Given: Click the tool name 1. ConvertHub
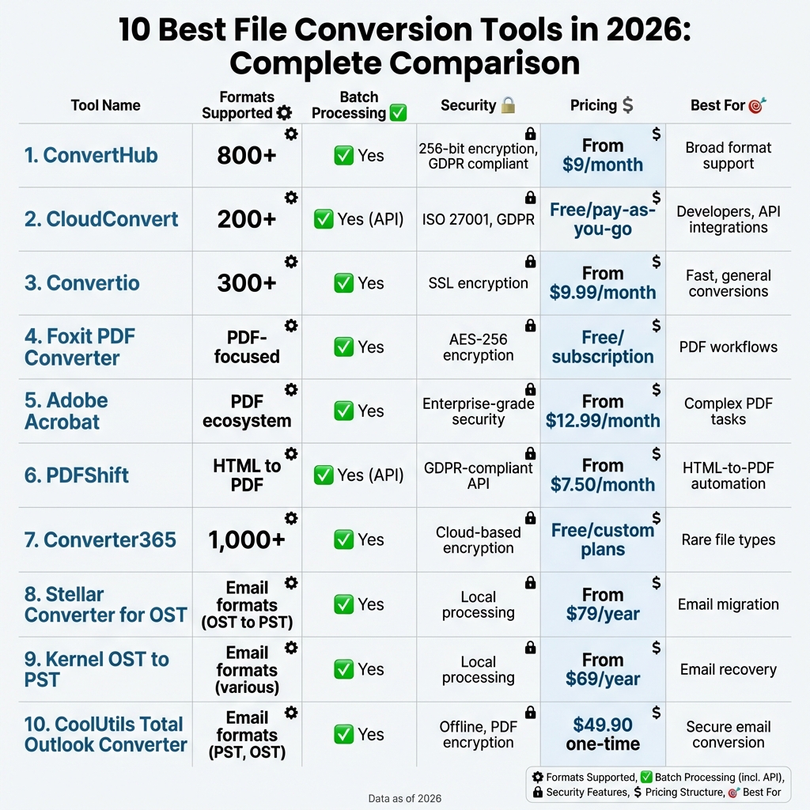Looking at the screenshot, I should coord(91,155).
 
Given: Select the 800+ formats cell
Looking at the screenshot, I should coord(247,156).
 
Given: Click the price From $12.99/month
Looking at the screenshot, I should coord(603,411).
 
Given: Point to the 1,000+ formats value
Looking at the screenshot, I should coord(247,540).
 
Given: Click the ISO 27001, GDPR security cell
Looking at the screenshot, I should coord(478,219).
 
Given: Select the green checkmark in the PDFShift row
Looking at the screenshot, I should coord(324,475).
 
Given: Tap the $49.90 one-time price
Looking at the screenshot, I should coord(603,734).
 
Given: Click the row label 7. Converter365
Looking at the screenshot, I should coord(100,540).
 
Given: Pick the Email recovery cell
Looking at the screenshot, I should coord(728,669).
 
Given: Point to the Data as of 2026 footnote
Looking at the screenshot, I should coord(405,799).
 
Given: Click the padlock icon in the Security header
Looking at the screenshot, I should coord(508,104).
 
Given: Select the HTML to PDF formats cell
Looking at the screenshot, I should coord(247,475).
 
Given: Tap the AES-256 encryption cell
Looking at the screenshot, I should coord(478,347).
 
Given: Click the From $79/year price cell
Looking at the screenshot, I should coord(603,604).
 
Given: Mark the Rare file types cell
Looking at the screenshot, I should coord(728,540).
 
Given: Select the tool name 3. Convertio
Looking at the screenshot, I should coord(81,283).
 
